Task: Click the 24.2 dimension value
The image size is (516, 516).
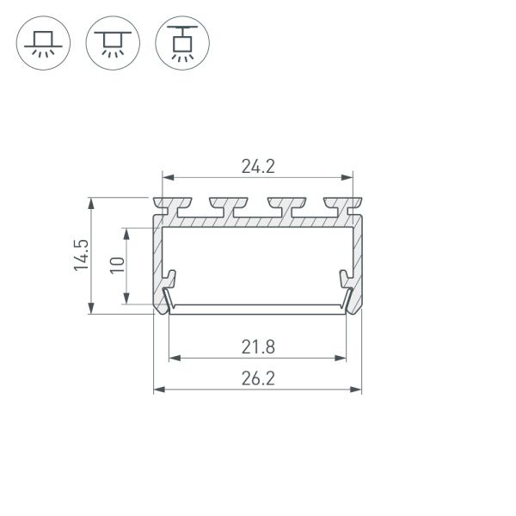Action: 258,167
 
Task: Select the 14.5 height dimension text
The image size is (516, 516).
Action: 81,256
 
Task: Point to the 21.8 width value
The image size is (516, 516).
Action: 258,347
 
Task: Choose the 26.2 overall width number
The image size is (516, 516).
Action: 258,378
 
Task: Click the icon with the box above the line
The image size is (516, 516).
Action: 43,42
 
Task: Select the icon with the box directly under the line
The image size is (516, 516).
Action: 113,42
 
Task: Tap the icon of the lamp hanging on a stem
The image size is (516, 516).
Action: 182,42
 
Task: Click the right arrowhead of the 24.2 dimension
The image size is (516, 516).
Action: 348,178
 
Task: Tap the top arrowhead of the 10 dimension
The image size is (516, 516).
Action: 127,233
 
